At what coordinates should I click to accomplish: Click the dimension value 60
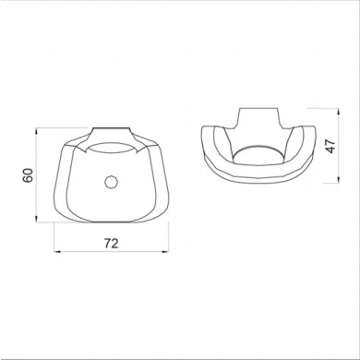28,175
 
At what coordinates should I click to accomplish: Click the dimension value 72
111,244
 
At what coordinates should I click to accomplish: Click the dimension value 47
330,146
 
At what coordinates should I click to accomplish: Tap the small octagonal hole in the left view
110,182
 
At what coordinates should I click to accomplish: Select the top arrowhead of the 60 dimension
37,131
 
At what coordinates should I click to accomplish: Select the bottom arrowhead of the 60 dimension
37,219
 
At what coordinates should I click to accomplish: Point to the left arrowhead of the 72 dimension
57,252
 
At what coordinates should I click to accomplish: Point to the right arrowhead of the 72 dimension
165,252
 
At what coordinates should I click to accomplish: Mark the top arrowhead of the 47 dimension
338,111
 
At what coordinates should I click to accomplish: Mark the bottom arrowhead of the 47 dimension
338,180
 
